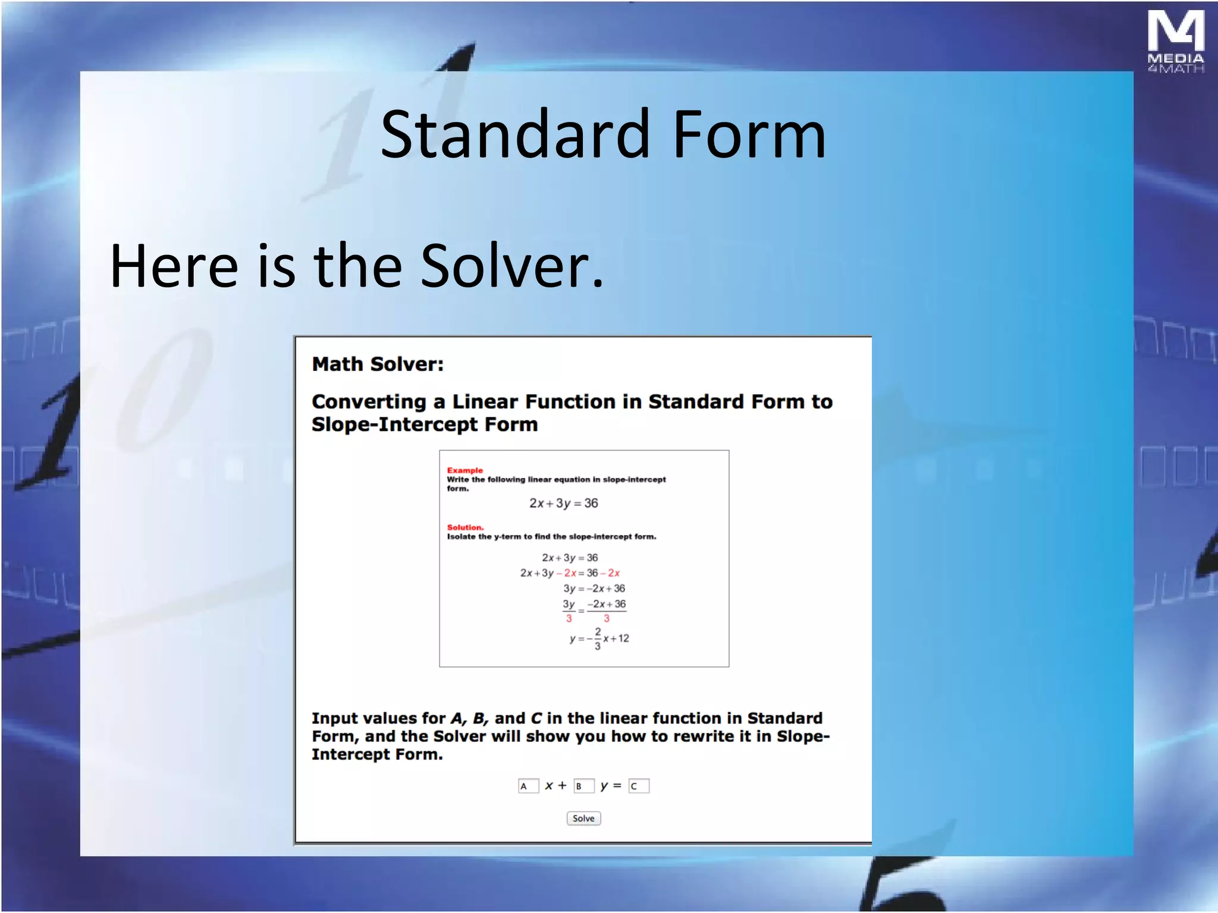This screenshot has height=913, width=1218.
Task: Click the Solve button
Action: pos(583,818)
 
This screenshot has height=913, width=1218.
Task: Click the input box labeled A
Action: pos(528,786)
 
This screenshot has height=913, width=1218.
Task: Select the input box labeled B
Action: pos(583,786)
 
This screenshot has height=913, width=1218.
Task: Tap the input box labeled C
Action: pos(639,786)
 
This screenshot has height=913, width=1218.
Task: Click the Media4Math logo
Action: pos(1175,42)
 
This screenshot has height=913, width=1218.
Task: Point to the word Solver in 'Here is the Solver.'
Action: pos(511,266)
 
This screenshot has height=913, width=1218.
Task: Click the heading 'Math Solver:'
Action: pos(378,364)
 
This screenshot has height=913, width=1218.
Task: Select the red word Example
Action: pos(464,470)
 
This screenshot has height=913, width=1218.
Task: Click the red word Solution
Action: pos(465,527)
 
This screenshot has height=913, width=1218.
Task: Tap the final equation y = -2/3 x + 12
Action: pos(599,638)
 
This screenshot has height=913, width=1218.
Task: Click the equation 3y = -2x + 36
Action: pos(594,588)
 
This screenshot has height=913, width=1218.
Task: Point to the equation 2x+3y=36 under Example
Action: pos(563,503)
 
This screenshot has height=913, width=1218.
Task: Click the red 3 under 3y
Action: pos(569,619)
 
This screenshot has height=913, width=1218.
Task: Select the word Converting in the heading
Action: pos(369,402)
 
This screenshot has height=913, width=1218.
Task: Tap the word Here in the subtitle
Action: pos(174,266)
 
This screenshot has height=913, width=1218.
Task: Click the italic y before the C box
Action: pos(604,786)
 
